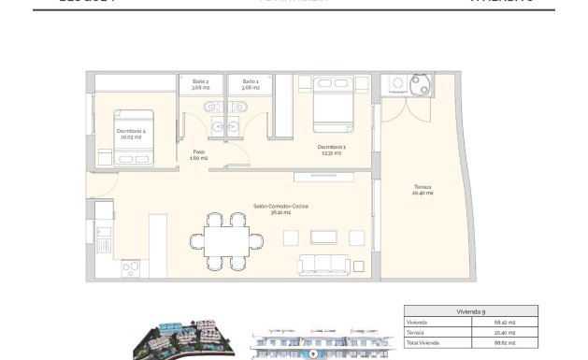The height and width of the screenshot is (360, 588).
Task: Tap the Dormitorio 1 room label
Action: click(x=331, y=150)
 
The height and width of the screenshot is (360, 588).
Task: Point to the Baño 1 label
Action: click(x=250, y=85)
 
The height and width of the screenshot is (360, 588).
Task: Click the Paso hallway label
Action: click(x=199, y=154)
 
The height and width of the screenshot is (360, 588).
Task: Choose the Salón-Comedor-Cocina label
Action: click(x=280, y=208)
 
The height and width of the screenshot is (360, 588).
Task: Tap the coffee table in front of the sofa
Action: click(x=326, y=236)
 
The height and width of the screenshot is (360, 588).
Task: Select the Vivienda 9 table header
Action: click(x=470, y=311)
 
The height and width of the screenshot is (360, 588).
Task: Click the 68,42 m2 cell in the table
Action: click(x=517, y=323)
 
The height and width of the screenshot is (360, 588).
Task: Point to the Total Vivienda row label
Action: click(x=422, y=344)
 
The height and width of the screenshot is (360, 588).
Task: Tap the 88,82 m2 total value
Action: click(x=517, y=344)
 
